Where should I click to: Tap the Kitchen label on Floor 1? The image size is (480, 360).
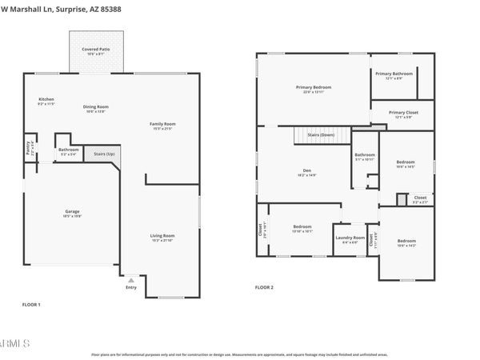coord(46,100)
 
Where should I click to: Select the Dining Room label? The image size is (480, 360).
coord(95,107)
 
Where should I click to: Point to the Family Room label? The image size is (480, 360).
coord(162,124)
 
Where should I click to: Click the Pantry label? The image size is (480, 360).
coord(29,147)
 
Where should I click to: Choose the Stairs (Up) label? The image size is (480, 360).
coord(104,154)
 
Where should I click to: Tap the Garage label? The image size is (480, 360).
coord(72,212)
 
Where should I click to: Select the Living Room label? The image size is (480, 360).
coord(162,236)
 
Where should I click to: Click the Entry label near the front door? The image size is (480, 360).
coord(130,288)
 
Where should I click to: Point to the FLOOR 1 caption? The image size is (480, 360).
coord(30,305)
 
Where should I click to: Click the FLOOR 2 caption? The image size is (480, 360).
coord(264,286)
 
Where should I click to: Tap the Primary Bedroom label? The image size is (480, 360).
coord(313,87)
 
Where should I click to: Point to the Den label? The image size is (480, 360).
coord(306,170)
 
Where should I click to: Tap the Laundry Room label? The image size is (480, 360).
coord(350,238)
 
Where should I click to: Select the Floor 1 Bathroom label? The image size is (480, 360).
coord(68,149)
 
